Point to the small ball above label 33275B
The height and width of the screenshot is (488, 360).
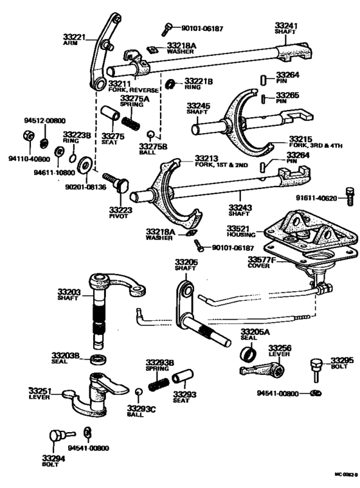coord(150,135)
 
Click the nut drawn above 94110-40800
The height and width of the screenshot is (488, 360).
coord(28,137)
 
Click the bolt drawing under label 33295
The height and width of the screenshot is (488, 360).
coord(316,371)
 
